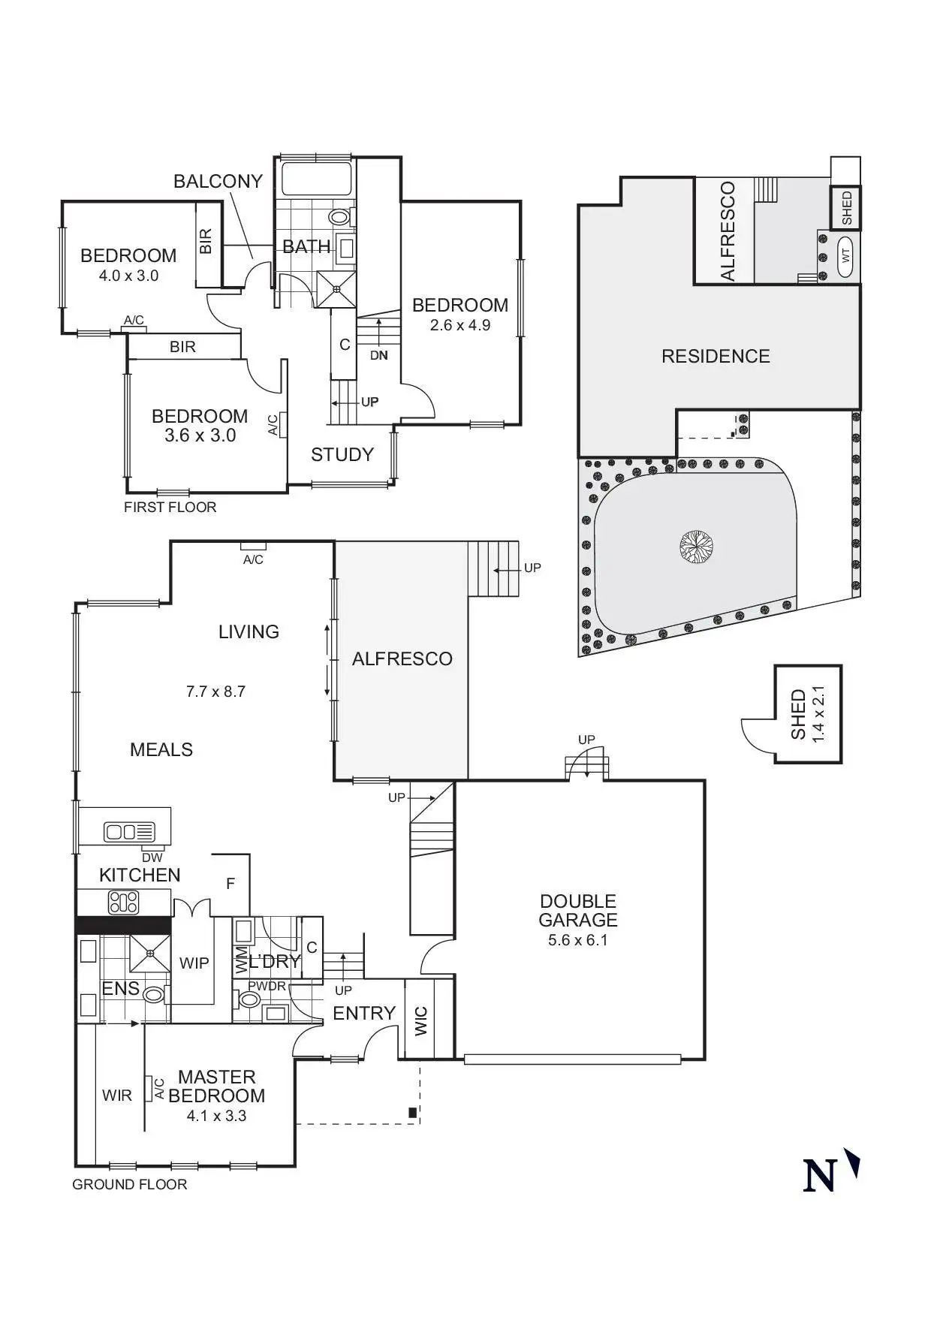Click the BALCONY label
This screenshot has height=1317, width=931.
(218, 181)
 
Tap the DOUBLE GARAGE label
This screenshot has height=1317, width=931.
(578, 910)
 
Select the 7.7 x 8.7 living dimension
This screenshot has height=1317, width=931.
(215, 692)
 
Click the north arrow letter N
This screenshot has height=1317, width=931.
(820, 1176)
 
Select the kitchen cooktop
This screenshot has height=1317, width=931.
(124, 902)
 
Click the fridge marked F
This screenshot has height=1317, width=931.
(230, 884)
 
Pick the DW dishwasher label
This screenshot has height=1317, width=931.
(152, 857)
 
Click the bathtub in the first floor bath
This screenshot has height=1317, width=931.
(316, 179)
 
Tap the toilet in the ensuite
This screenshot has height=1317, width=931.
(154, 994)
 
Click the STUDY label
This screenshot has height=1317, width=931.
(342, 454)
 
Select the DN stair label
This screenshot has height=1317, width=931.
(379, 355)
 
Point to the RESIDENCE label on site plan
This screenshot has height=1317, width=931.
(716, 356)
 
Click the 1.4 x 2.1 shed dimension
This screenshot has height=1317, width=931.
(818, 714)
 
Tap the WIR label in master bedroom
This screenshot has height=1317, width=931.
(117, 1095)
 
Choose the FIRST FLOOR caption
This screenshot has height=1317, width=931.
(170, 507)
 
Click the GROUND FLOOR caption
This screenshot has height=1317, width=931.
(130, 1184)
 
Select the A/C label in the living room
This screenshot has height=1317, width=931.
(253, 559)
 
